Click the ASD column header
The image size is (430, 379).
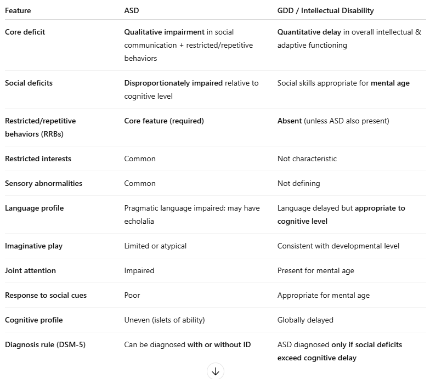pyautogui.click(x=132, y=10)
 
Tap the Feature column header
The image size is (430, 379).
pyautogui.click(x=18, y=10)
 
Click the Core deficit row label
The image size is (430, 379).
pyautogui.click(x=25, y=32)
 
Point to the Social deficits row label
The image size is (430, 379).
pyautogui.click(x=29, y=83)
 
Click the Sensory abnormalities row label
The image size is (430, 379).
pyautogui.click(x=43, y=183)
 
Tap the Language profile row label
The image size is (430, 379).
pyautogui.click(x=34, y=208)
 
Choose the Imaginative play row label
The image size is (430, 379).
pyautogui.click(x=33, y=246)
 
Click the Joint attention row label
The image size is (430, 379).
pyautogui.click(x=30, y=270)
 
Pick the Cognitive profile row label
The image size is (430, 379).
pyautogui.click(x=34, y=320)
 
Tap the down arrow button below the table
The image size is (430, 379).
pyautogui.click(x=215, y=371)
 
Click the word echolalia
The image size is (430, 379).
pyautogui.click(x=139, y=221)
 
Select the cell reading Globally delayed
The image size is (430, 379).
pyautogui.click(x=305, y=320)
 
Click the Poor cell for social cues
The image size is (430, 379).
pyautogui.click(x=132, y=295)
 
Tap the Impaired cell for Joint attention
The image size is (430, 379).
pyautogui.click(x=139, y=270)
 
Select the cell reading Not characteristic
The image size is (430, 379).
pyautogui.click(x=307, y=159)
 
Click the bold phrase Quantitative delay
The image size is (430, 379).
pyautogui.click(x=309, y=32)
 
